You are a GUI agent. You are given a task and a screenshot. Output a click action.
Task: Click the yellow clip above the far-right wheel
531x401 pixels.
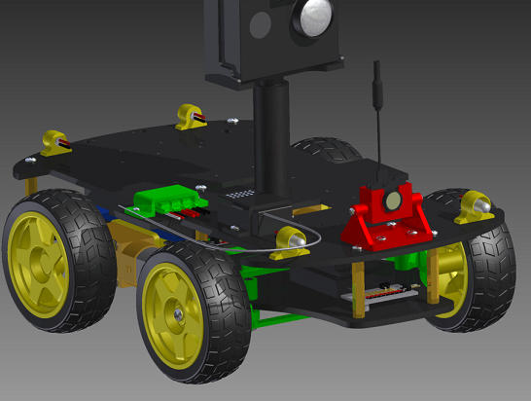click(478, 204)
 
